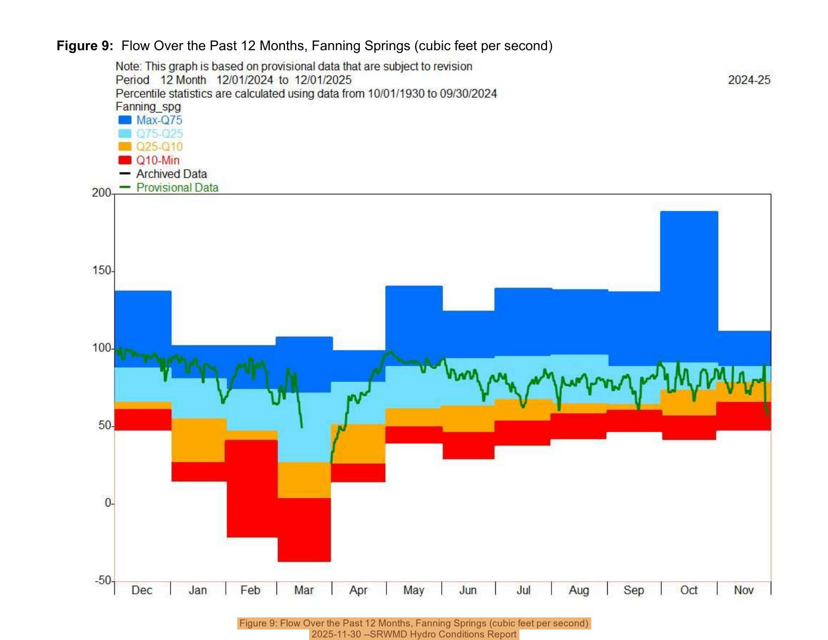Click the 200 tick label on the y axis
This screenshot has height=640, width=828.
tap(101, 193)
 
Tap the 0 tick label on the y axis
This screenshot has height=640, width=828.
tap(108, 503)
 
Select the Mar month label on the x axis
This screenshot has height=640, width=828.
tap(304, 590)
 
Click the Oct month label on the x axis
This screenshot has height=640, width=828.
tap(688, 590)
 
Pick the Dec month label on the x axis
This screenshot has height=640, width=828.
tap(142, 590)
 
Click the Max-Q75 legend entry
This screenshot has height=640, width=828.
tap(159, 120)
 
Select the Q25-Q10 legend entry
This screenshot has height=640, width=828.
tap(159, 147)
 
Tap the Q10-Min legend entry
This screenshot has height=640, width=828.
tap(157, 160)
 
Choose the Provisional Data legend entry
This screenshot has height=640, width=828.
tap(177, 187)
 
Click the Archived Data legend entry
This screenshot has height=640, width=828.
tap(171, 174)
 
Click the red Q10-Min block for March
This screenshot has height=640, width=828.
tap(304, 530)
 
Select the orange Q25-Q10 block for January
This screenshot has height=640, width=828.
tap(199, 440)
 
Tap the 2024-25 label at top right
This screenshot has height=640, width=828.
tap(749, 80)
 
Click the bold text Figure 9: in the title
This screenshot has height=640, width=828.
tap(85, 46)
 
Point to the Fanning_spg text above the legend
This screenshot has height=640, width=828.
tap(148, 106)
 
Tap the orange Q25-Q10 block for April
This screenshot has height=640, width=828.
tap(358, 444)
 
